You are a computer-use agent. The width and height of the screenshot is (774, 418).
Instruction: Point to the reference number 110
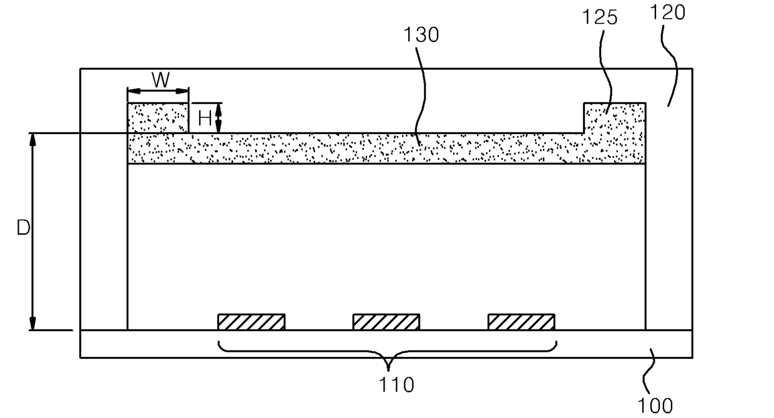coord(396,385)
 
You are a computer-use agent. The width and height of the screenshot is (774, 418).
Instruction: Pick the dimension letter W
coord(161,80)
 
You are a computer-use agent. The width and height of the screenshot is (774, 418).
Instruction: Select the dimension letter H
coord(204,119)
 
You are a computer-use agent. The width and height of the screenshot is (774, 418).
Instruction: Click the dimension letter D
coord(23,229)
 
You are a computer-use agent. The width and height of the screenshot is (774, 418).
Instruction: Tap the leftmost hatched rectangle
coord(251,322)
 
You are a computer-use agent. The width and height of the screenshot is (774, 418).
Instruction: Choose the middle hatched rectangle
coord(386,322)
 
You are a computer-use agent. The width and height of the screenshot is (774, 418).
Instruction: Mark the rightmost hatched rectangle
coord(521,322)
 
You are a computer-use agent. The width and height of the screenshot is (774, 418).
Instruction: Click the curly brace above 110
coord(387,352)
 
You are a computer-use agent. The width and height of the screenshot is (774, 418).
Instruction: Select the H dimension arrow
coord(218,118)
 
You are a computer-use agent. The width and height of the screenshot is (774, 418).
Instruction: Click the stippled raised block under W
coord(158,118)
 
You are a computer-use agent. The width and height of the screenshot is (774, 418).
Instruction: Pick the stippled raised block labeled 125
coord(614,118)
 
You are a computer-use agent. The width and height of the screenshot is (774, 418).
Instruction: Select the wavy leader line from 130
coord(422,94)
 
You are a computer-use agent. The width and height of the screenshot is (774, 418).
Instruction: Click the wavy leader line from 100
coord(652,371)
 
